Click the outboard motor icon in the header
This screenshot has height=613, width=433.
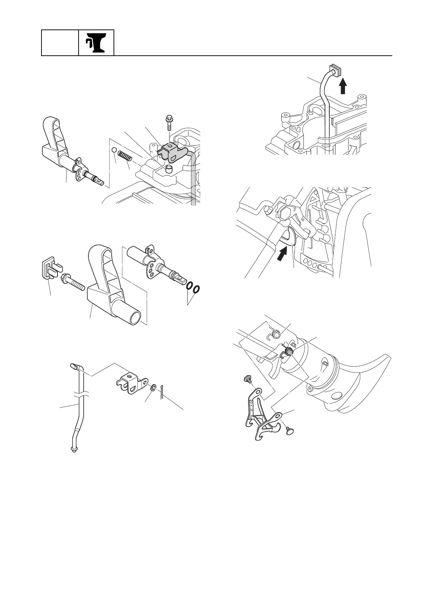(x=96, y=43)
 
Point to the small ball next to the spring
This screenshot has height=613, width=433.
(x=114, y=150)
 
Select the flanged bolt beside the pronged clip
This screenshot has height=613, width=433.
(x=73, y=282)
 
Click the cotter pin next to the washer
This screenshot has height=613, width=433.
(x=162, y=392)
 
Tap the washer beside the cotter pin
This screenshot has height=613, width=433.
(x=154, y=387)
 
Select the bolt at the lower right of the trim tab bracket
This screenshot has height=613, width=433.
(x=289, y=430)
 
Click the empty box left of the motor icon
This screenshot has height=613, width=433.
(x=60, y=43)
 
